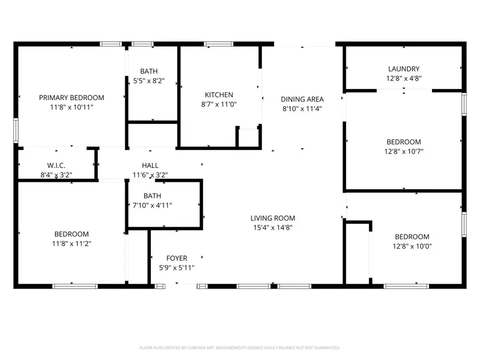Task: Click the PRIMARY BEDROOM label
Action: [71, 98]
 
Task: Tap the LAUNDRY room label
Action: [404, 69]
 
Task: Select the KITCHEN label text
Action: [219, 95]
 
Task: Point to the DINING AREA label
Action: [302, 99]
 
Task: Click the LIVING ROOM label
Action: [273, 218]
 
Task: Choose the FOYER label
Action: [177, 258]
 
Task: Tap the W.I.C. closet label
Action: [56, 165]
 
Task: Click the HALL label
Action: [150, 165]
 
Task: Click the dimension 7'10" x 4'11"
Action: [152, 205]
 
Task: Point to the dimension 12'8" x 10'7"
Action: [404, 151]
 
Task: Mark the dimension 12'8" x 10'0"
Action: [412, 246]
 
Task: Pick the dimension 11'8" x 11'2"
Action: [71, 244]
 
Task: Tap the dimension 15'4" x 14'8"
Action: [273, 227]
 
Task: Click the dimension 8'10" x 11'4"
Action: [302, 108]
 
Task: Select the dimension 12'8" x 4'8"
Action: [404, 78]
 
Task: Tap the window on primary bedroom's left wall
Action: [16, 131]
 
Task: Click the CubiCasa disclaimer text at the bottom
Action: [239, 348]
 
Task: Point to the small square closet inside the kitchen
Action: [247, 137]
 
